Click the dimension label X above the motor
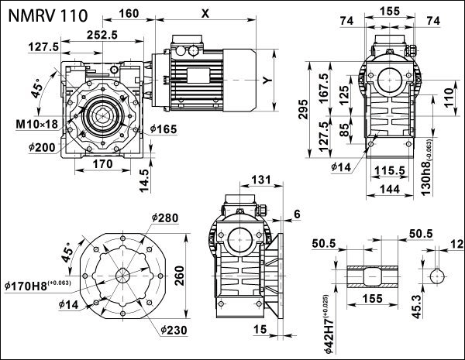[204, 13]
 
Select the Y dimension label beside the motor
[266, 80]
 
